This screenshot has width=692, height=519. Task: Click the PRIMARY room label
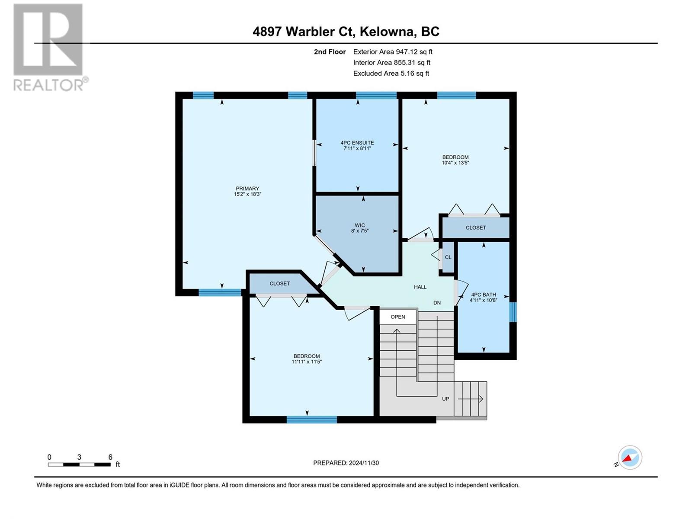247,189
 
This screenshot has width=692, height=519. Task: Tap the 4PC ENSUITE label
357,143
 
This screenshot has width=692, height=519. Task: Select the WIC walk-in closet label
359,225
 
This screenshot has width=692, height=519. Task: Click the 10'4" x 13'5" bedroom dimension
455,163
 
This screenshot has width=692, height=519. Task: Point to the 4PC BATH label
483,295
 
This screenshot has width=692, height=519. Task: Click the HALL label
420,287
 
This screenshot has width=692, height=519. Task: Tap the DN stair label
437,303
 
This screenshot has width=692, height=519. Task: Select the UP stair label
445,399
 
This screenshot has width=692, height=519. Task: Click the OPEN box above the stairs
398,317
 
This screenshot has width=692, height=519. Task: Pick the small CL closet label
448,257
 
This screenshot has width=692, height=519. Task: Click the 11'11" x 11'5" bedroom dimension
307,362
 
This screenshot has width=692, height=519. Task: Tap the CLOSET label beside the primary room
279,284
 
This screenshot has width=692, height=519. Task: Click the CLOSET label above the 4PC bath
476,227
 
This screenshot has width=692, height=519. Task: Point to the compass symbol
630,458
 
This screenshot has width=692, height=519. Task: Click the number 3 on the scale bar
79,457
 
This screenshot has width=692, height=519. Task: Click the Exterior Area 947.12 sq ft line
393,52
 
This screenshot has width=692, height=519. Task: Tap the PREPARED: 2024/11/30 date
346,463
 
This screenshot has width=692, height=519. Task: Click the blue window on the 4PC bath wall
513,312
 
